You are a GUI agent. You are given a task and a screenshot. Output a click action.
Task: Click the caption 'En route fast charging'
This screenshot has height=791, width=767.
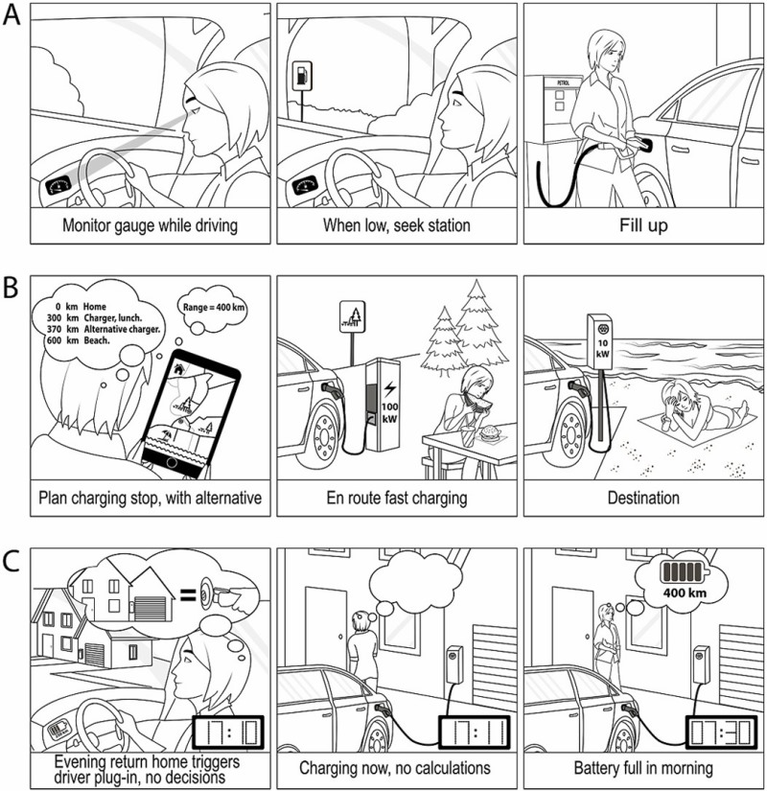click(x=388, y=498)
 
